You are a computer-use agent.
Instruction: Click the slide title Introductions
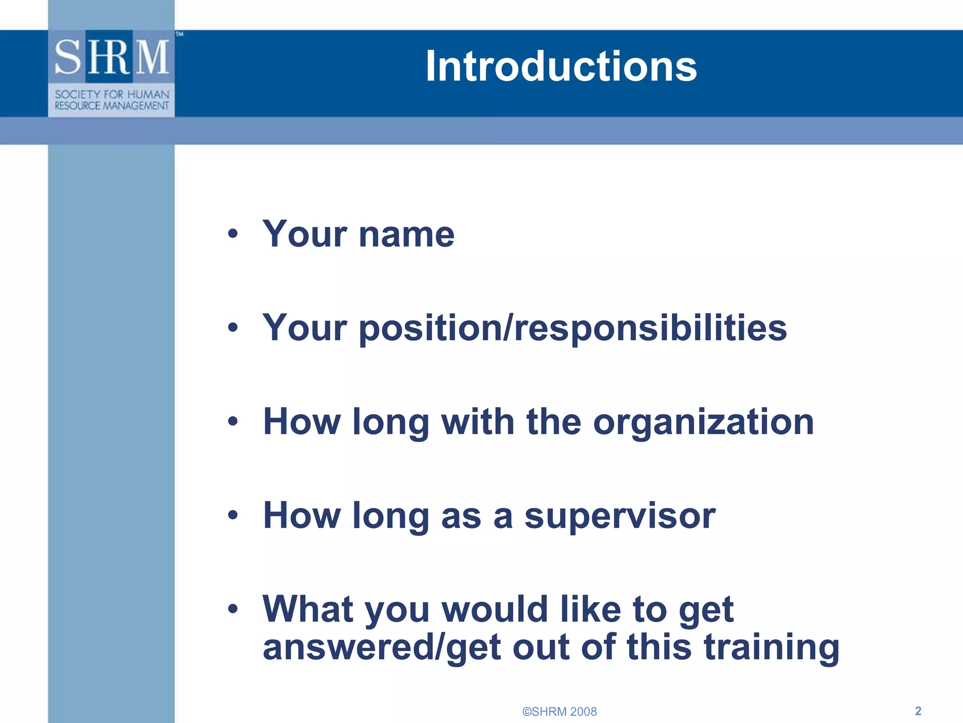(x=560, y=66)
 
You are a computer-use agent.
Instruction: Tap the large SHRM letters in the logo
(x=112, y=57)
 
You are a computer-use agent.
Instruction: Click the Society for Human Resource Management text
(x=112, y=100)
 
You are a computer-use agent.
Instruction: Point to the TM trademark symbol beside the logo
(x=180, y=34)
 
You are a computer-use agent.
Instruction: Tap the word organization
(x=703, y=422)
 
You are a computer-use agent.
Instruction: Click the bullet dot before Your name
(x=233, y=233)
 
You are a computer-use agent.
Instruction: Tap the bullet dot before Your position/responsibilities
(x=233, y=328)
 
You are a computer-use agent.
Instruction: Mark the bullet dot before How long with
(x=233, y=421)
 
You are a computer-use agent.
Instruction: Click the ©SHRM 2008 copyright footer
(x=560, y=711)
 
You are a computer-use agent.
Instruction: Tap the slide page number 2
(x=918, y=711)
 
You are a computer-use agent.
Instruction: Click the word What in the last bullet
(x=308, y=609)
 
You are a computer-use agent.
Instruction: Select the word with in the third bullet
(x=478, y=422)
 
